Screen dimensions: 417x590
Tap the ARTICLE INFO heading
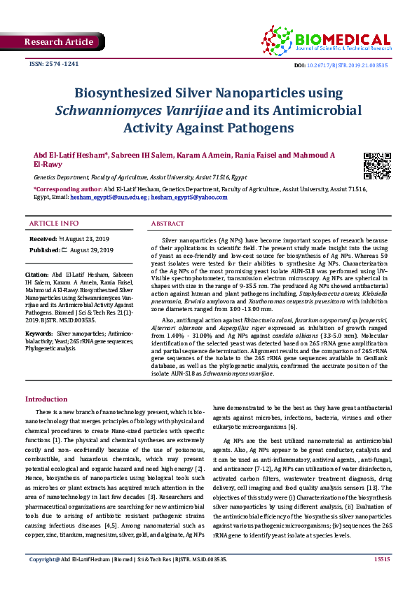click(54, 224)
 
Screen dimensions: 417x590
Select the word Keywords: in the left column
click(39, 334)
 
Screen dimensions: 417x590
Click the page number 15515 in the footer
click(382, 578)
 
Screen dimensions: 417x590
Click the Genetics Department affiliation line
click(140, 179)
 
